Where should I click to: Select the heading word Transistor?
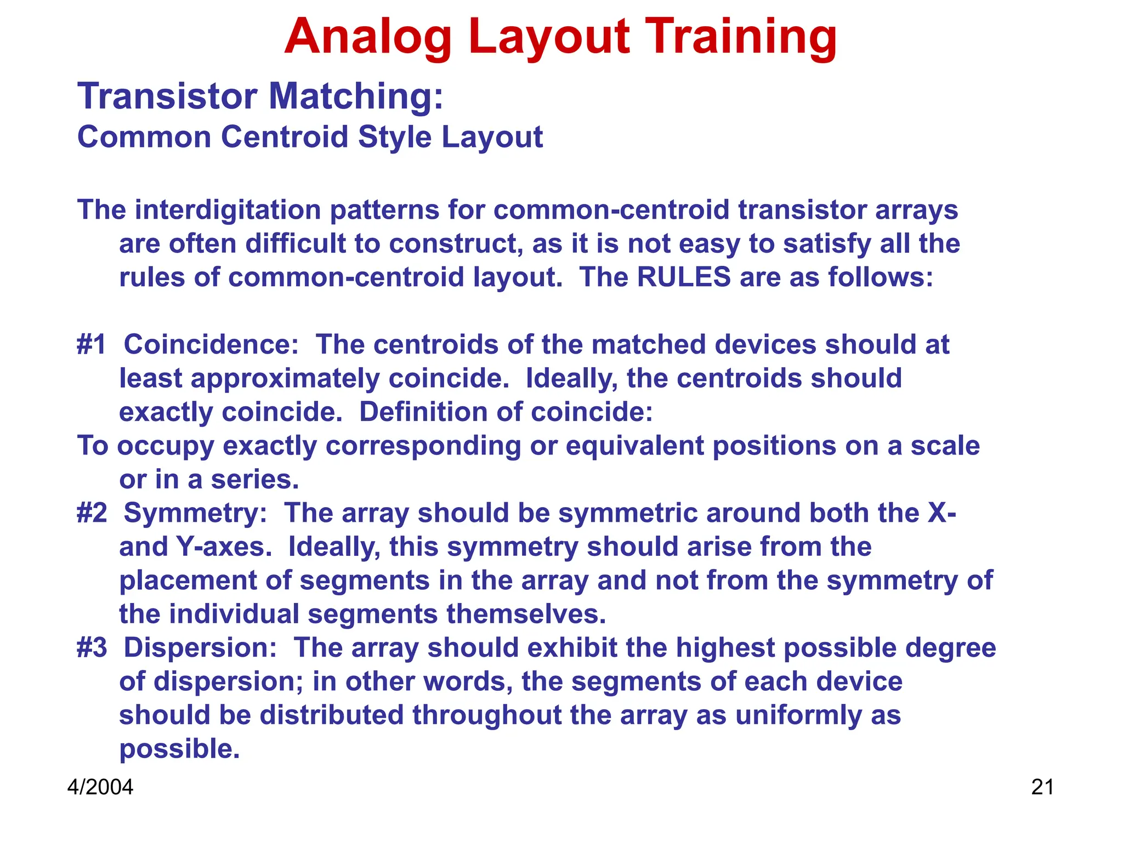click(167, 96)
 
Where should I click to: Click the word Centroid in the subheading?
click(285, 136)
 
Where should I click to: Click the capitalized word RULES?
click(683, 277)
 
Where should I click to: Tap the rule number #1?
click(91, 345)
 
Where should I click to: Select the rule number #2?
click(92, 513)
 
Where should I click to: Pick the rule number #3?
click(92, 648)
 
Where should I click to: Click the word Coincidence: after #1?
click(211, 345)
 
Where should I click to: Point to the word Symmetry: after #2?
click(195, 513)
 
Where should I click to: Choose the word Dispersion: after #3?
click(200, 648)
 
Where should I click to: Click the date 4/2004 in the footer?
click(100, 787)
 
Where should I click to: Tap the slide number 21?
click(1042, 787)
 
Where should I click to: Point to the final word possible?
click(179, 749)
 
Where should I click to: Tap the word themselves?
click(526, 614)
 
